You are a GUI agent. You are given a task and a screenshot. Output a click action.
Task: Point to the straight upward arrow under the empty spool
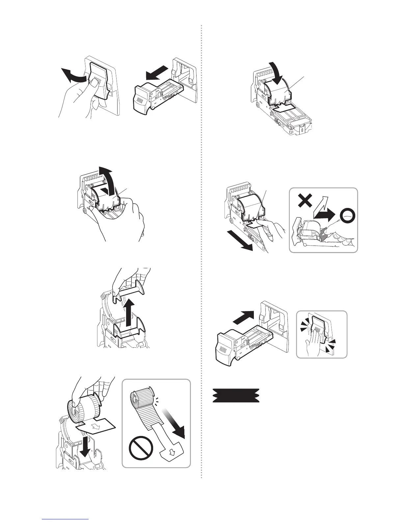click(126, 313)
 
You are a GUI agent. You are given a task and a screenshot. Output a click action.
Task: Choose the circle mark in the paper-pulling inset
click(347, 216)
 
